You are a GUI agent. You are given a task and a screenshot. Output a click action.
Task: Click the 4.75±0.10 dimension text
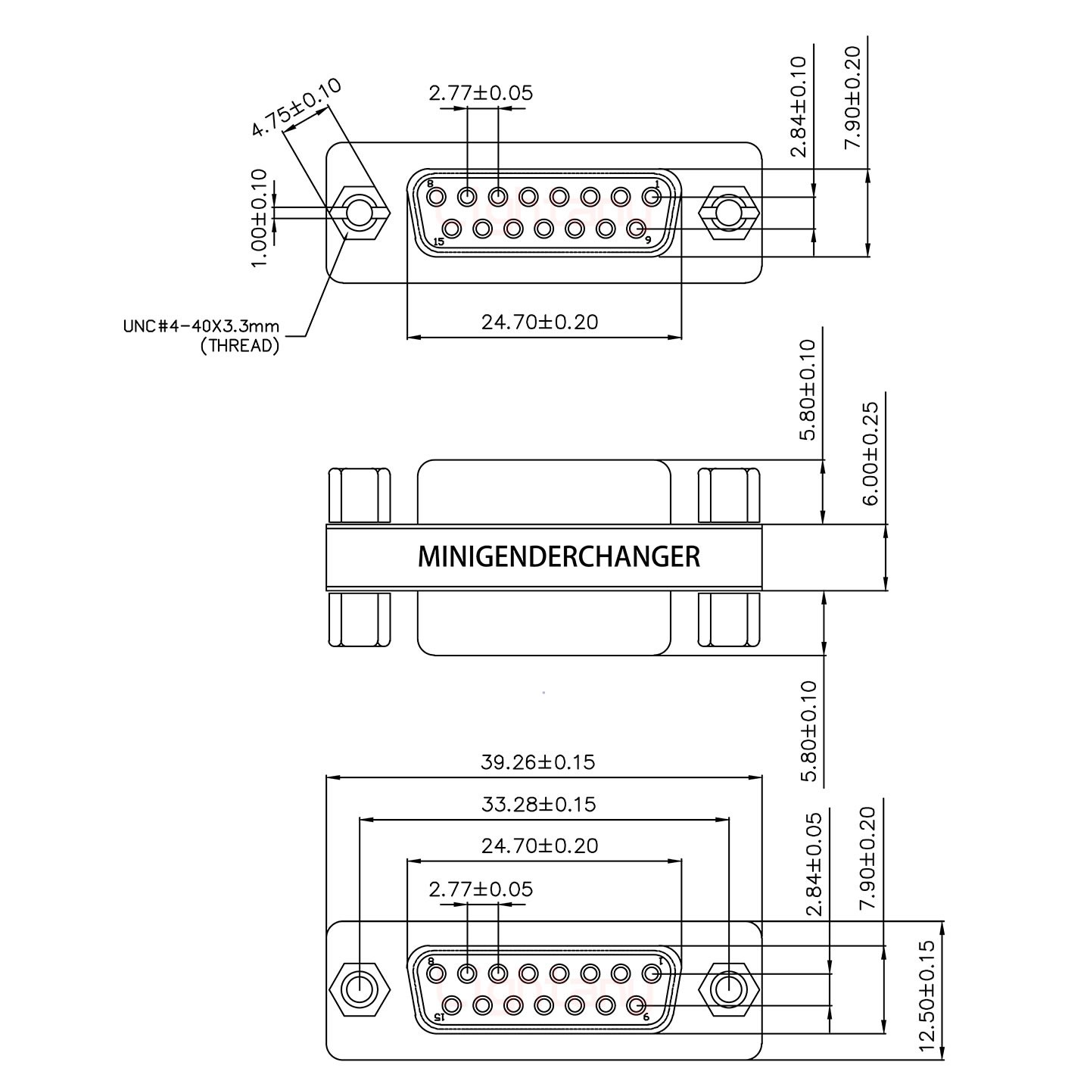click(x=296, y=107)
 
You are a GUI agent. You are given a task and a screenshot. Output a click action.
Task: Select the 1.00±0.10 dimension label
click(x=259, y=217)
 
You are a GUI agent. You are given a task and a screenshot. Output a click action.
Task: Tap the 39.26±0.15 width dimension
click(x=538, y=761)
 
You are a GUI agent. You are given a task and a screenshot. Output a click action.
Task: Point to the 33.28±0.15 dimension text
click(x=538, y=804)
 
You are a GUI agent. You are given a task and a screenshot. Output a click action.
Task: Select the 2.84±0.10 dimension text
click(x=799, y=107)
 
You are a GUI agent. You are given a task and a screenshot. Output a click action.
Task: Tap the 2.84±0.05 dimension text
click(x=814, y=864)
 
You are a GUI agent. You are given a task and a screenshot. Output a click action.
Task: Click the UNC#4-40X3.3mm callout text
click(x=201, y=327)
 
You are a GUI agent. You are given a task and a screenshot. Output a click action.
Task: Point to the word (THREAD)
click(x=240, y=347)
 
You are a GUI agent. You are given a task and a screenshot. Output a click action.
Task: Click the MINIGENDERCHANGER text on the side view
click(x=559, y=557)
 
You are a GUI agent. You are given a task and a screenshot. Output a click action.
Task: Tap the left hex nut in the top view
click(x=360, y=213)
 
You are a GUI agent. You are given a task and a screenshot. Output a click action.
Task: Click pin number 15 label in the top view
click(x=438, y=242)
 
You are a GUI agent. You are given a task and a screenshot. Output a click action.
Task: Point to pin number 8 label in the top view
click(x=430, y=184)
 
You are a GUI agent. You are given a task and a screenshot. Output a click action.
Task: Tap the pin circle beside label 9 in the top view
click(x=636, y=227)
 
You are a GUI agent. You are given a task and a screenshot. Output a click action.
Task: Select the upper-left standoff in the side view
click(x=360, y=496)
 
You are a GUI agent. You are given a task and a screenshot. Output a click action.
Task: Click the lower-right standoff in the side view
click(x=728, y=620)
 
